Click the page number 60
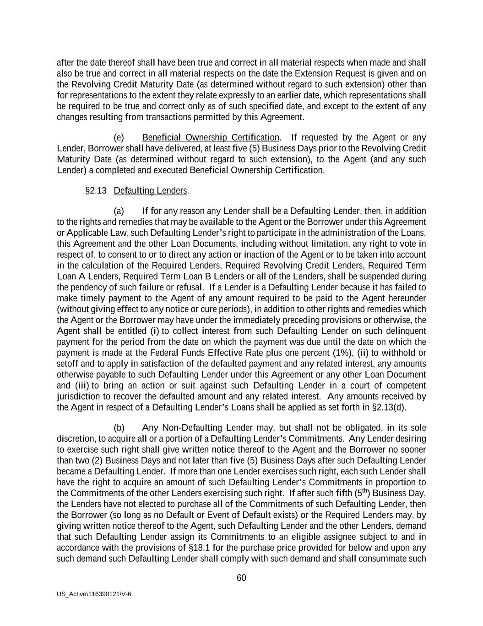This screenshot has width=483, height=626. [x=241, y=578]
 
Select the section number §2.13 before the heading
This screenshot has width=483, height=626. [x=96, y=190]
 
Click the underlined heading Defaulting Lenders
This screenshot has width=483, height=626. [x=151, y=190]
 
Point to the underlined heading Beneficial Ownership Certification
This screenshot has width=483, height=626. [x=211, y=138]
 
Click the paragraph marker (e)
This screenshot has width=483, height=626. [x=119, y=138]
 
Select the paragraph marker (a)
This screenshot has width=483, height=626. [x=119, y=211]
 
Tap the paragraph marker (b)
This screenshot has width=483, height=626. [x=119, y=428]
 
